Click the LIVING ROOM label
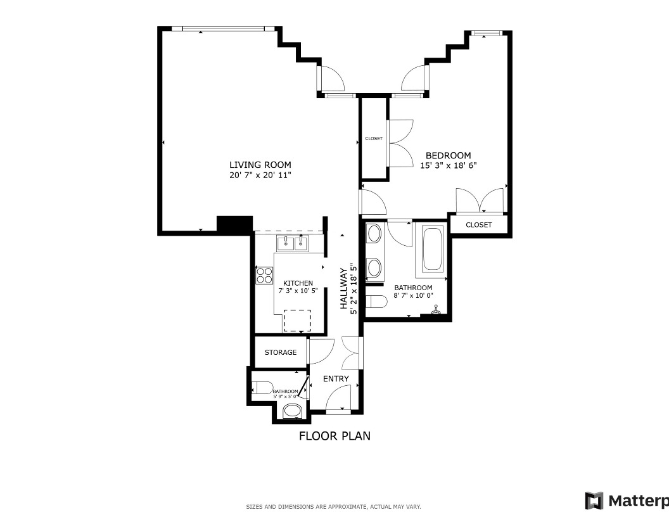[x=260, y=165]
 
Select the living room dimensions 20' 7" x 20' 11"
[x=260, y=175]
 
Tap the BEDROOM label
[x=448, y=155]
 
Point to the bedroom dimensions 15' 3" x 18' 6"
[x=448, y=165]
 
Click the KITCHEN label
[x=298, y=283]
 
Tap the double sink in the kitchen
[x=292, y=243]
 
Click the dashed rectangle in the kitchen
[x=297, y=321]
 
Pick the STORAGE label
[x=281, y=352]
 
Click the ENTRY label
[x=336, y=379]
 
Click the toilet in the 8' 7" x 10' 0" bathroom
[x=376, y=301]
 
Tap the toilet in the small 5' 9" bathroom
[x=262, y=387]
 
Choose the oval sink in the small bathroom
[x=292, y=411]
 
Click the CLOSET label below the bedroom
[x=478, y=225]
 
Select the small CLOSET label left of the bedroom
[x=374, y=138]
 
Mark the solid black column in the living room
[x=234, y=224]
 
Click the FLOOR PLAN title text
[x=334, y=436]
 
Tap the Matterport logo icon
[x=594, y=501]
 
